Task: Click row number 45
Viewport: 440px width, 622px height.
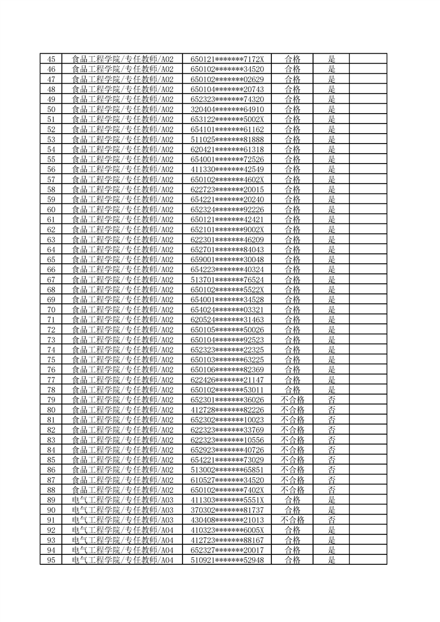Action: [51, 59]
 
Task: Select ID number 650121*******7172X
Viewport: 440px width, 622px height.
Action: [227, 59]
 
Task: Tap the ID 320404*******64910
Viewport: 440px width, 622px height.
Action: [227, 109]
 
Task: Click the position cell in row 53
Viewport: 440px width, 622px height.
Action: [123, 139]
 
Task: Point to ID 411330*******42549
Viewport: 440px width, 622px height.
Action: [227, 169]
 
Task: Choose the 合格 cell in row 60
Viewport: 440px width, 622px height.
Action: [292, 209]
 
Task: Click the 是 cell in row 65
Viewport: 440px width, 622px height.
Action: [332, 259]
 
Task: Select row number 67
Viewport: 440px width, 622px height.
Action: [51, 279]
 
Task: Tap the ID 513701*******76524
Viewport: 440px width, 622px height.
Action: [227, 279]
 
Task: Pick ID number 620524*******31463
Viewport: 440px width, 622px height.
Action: [227, 319]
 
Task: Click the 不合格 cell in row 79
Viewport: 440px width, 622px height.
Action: [292, 399]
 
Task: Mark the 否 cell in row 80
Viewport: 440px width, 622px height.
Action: [332, 410]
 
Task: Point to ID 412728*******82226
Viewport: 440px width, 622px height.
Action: [227, 410]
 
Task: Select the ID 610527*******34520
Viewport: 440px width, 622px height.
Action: [227, 480]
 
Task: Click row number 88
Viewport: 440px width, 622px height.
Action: [51, 490]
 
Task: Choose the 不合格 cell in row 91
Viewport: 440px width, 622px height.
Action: [292, 519]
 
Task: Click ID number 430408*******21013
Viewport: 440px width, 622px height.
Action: [227, 519]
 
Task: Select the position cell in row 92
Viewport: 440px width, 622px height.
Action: [123, 529]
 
